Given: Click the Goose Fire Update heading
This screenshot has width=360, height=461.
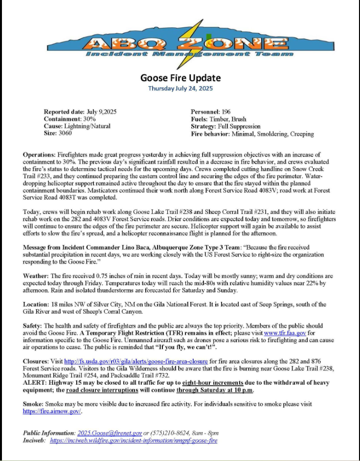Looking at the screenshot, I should pyautogui.click(x=180, y=78).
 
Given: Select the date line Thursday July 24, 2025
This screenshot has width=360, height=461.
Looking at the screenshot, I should pyautogui.click(x=180, y=88).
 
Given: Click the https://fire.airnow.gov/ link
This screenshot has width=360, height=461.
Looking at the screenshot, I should pyautogui.click(x=52, y=411).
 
